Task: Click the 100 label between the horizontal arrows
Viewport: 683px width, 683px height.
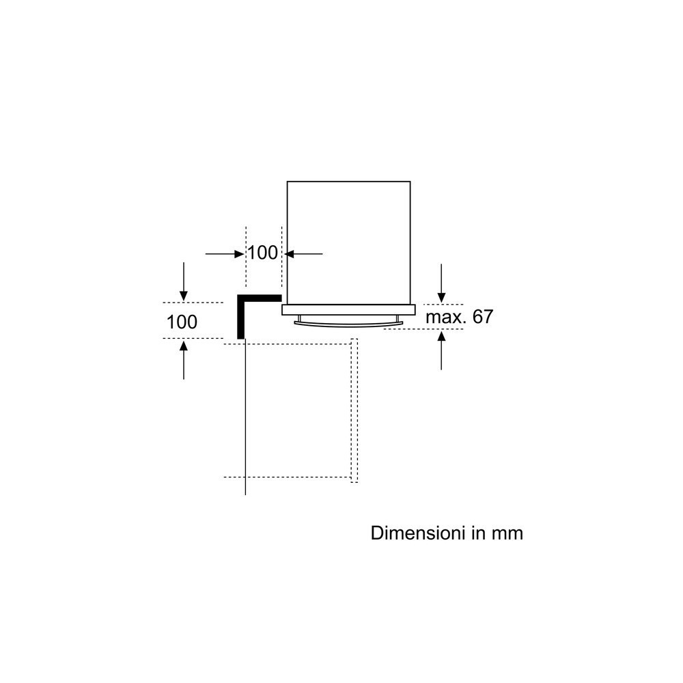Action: point(262,253)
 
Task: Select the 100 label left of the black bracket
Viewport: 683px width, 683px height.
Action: point(182,322)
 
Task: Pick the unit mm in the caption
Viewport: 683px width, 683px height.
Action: point(507,533)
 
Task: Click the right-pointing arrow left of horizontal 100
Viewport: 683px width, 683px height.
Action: point(225,254)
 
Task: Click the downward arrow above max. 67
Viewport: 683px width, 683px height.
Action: point(442,283)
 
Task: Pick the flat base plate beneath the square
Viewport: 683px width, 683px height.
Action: point(348,310)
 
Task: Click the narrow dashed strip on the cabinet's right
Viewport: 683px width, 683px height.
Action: point(354,410)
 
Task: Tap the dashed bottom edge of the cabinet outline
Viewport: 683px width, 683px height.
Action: point(287,477)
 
